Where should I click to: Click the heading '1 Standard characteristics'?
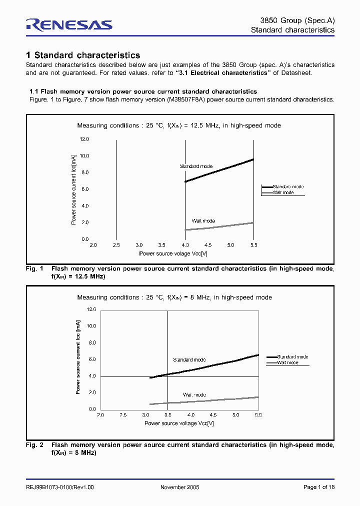(83, 55)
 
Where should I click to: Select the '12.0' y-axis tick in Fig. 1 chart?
(83, 139)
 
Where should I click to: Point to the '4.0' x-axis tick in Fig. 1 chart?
(185, 245)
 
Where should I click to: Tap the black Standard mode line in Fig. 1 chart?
(220, 170)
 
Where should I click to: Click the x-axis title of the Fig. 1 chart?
(173, 253)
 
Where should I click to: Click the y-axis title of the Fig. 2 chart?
(78, 359)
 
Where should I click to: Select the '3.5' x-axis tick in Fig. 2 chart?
(168, 415)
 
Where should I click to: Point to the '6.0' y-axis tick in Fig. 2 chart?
(91, 359)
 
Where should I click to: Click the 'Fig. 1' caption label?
(34, 268)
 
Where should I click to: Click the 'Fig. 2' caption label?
(34, 445)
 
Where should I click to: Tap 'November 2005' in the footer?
(180, 487)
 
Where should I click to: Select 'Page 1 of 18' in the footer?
(319, 487)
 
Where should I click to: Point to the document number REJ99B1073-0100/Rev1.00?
(59, 487)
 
